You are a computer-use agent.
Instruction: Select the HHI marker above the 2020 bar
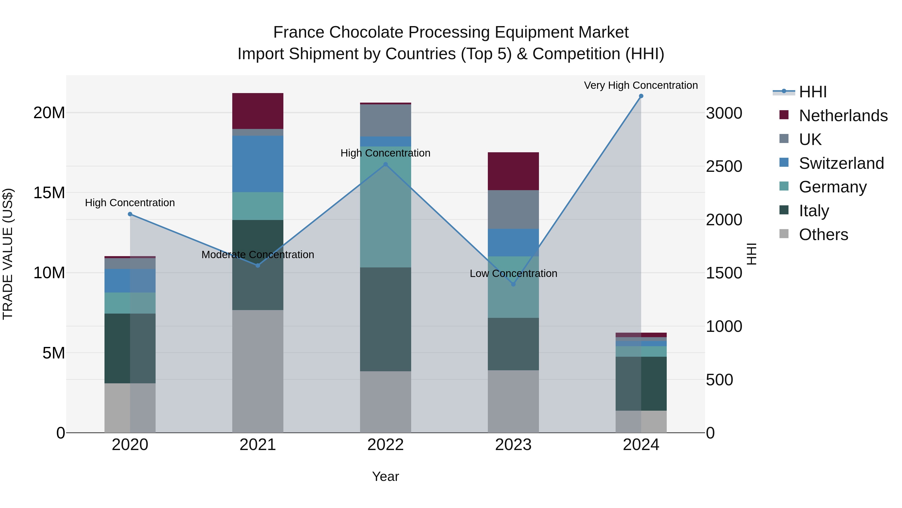130,214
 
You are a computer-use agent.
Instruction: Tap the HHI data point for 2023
513,284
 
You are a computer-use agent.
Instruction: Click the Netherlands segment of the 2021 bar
258,111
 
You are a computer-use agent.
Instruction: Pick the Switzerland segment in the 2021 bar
258,164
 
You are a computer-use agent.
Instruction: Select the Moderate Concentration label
258,255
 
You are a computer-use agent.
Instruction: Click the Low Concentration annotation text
513,273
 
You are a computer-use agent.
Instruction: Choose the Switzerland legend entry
841,163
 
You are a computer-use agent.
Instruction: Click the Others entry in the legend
823,235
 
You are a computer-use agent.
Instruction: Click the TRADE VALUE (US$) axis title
8,254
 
